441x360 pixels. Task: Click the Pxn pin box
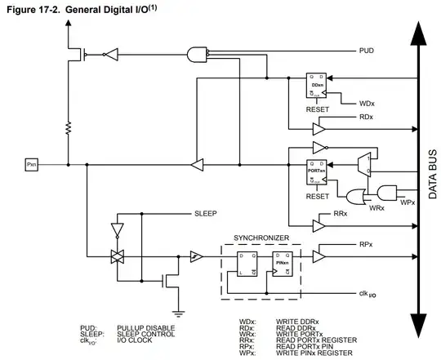click(32, 165)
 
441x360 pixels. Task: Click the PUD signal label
click(367, 51)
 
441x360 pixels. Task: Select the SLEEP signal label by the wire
click(205, 213)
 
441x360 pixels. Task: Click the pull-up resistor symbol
click(67, 128)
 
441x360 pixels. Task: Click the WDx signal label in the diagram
click(367, 104)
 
